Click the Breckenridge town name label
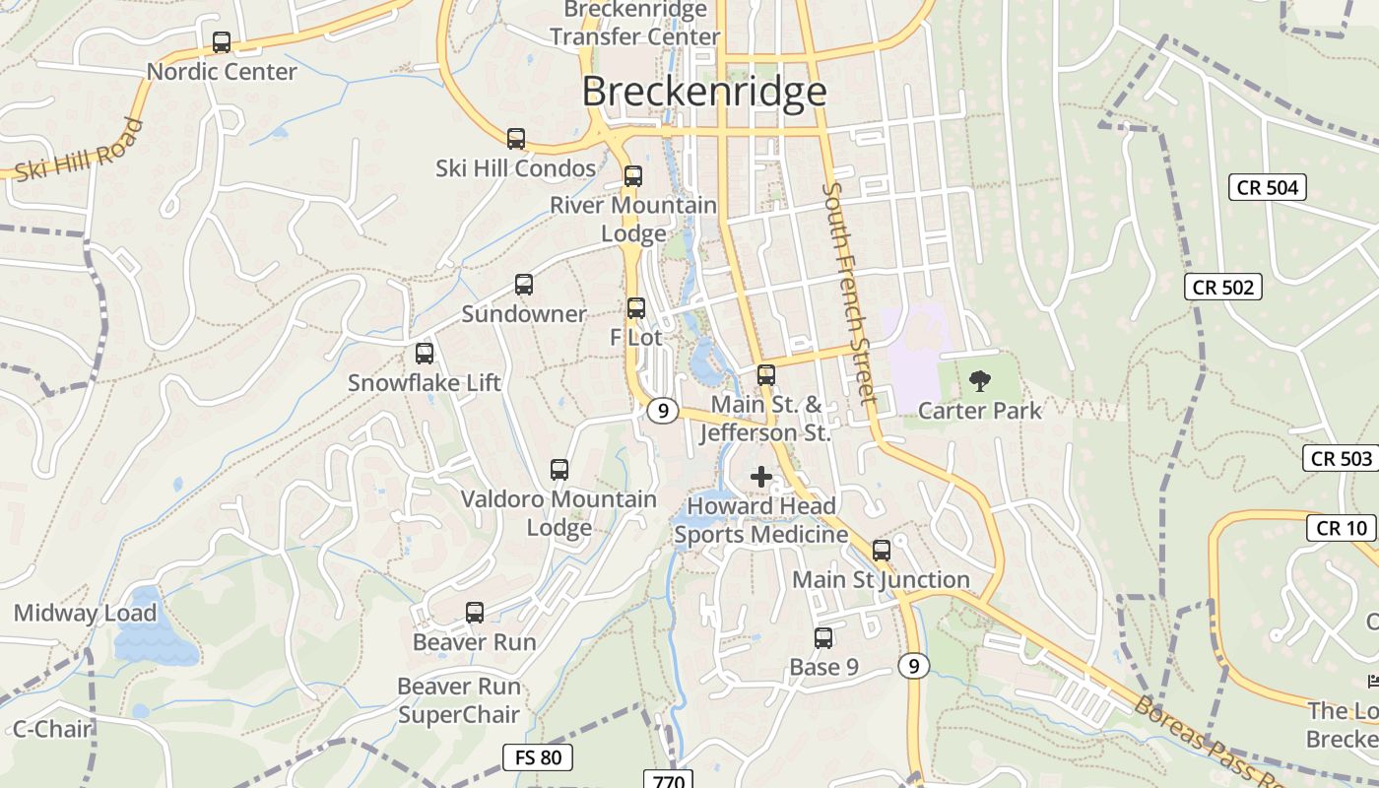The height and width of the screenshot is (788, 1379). click(x=703, y=92)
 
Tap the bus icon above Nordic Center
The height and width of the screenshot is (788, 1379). click(x=222, y=42)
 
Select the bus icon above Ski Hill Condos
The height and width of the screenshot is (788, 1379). click(x=516, y=139)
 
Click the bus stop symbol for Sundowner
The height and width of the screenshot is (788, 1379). click(x=524, y=285)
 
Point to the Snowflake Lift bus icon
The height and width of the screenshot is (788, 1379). click(x=425, y=353)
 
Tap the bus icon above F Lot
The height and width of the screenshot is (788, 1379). click(x=636, y=307)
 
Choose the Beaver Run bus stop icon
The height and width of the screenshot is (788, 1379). click(x=475, y=613)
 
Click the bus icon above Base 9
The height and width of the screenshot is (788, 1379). click(x=823, y=637)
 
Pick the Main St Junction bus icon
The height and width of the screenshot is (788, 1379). click(x=882, y=551)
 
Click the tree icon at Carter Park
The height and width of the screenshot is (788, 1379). click(x=979, y=380)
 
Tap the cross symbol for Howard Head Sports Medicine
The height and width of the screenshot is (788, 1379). click(x=761, y=478)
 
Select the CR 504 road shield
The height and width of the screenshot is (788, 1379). click(x=1268, y=187)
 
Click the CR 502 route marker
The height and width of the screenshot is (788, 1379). click(x=1222, y=287)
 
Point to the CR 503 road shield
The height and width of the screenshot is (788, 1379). click(x=1342, y=458)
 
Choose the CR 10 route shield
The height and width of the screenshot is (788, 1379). click(x=1342, y=528)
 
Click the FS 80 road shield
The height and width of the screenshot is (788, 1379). click(x=538, y=757)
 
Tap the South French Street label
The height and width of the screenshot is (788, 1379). click(x=849, y=293)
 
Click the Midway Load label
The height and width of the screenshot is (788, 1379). click(x=85, y=614)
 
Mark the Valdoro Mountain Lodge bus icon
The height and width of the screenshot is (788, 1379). click(x=559, y=470)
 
